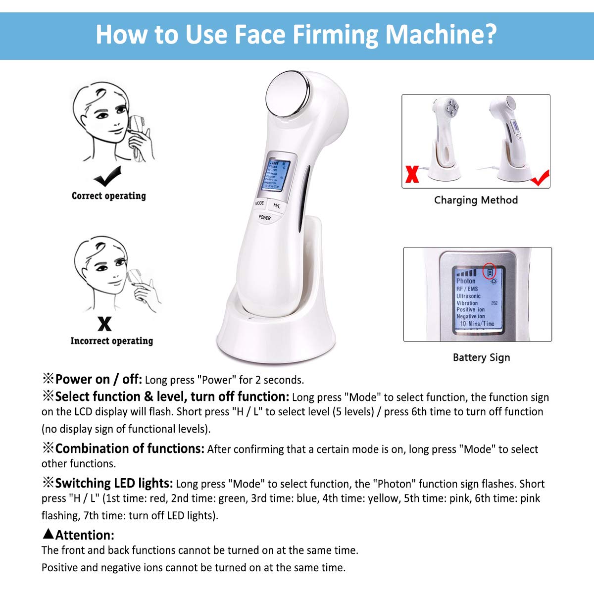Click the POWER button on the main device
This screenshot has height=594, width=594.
[x=265, y=217]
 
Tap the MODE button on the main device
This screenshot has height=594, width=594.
[x=259, y=203]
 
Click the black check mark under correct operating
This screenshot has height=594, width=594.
[x=107, y=176]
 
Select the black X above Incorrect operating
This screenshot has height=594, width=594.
[x=104, y=324]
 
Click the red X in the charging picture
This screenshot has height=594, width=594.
[x=412, y=174]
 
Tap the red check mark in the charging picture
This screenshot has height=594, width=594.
[x=539, y=178]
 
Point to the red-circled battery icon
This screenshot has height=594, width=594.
[x=490, y=271]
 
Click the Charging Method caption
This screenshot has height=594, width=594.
[x=476, y=200]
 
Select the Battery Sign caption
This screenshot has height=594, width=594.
[x=481, y=357]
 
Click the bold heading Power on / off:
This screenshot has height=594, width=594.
[x=99, y=380]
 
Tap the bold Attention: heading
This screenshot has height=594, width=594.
[x=85, y=535]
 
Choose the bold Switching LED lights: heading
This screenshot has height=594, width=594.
[x=114, y=483]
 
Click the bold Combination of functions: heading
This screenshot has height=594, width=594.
[x=130, y=448]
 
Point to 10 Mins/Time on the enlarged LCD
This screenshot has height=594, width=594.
[x=477, y=324]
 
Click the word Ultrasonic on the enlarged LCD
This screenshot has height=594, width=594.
[x=468, y=296]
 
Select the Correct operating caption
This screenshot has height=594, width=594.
[x=109, y=196]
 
